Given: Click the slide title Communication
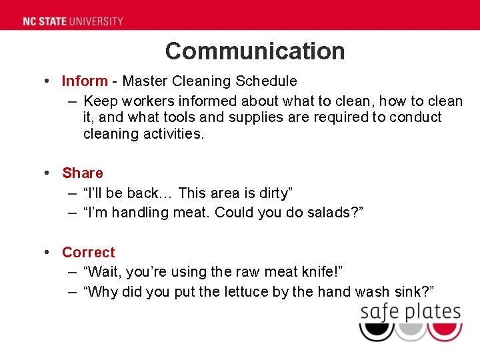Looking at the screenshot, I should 255,51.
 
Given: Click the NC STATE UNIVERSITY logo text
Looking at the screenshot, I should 73,21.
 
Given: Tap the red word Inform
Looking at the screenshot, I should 85,81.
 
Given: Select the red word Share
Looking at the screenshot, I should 83,173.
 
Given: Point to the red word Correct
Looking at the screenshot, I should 89,253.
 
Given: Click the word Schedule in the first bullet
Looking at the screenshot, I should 266,81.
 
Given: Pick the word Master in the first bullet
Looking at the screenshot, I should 145,81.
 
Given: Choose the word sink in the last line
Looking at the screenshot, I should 412,292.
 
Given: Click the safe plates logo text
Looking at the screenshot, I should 411,311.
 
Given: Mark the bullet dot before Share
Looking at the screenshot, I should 47,173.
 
